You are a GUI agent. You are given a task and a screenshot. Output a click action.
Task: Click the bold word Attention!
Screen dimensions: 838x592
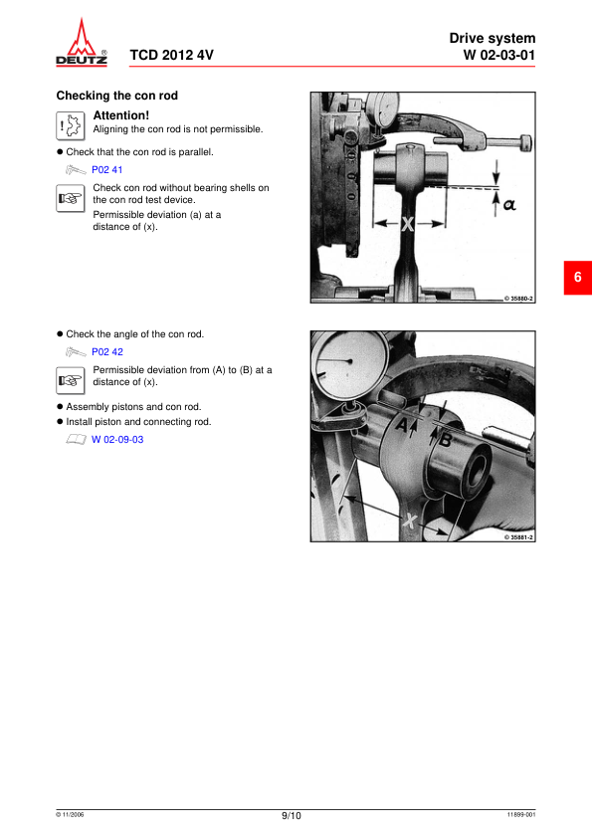[x=120, y=115]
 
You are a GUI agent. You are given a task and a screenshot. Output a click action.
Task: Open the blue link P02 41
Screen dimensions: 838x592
[x=106, y=170]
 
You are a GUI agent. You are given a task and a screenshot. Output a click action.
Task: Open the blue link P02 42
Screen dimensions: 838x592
[x=107, y=351]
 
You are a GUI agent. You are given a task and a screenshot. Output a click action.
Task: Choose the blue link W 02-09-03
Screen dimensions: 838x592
[x=117, y=439]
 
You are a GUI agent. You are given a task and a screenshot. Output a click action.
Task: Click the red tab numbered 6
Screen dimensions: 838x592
[x=577, y=277]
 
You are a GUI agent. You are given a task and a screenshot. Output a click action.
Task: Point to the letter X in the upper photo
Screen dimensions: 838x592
[x=407, y=225]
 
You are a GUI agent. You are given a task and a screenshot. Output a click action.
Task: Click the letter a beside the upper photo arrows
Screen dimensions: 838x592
[x=509, y=204]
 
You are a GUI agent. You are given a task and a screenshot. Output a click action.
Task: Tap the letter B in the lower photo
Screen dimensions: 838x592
[x=446, y=438]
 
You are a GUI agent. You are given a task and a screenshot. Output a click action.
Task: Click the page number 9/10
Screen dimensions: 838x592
[x=291, y=816]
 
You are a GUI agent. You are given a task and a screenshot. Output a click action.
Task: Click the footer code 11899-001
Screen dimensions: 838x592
[x=520, y=815]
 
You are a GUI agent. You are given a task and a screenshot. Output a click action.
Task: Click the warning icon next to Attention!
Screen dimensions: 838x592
[x=70, y=124]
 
